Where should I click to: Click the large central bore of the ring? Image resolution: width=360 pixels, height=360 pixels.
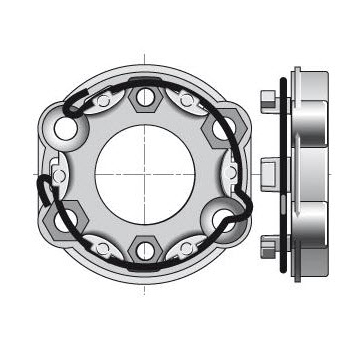[142, 167]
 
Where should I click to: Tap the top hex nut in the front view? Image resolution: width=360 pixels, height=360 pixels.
[144, 97]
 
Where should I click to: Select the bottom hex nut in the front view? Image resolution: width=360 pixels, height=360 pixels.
[144, 241]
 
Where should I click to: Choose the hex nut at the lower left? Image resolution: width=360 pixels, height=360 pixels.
[68, 207]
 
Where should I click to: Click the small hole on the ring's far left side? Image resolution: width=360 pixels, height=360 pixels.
[57, 170]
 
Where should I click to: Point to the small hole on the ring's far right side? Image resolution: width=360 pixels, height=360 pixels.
[231, 170]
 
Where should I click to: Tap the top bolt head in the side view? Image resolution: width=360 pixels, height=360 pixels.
[268, 99]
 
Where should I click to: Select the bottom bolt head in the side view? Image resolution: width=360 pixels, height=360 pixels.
[268, 242]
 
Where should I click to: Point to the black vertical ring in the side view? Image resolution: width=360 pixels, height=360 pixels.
[287, 170]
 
